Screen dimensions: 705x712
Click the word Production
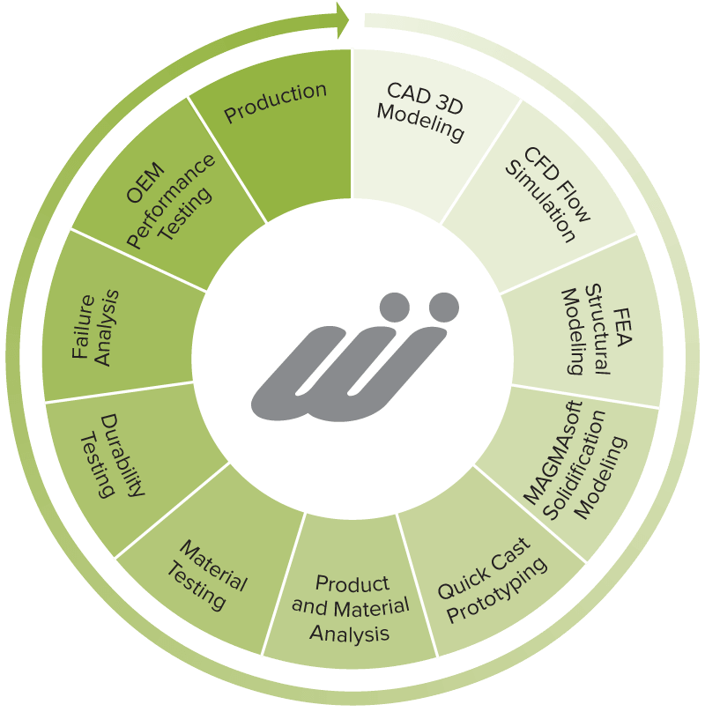tap(275, 102)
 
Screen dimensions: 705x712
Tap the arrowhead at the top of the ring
tap(343, 20)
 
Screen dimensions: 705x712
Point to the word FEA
tap(622, 327)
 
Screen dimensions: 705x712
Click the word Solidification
tap(575, 465)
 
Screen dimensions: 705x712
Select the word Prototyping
tap(497, 590)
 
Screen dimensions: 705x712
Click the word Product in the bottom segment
tap(352, 584)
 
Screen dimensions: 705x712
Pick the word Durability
tap(122, 455)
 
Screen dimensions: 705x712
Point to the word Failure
tap(83, 327)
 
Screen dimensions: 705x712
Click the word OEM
tap(145, 182)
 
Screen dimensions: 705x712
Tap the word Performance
tap(171, 201)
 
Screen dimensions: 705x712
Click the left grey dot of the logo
tap(395, 308)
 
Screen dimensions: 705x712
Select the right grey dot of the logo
tap(444, 308)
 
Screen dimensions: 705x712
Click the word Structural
tap(597, 330)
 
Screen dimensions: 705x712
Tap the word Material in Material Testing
tap(213, 566)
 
